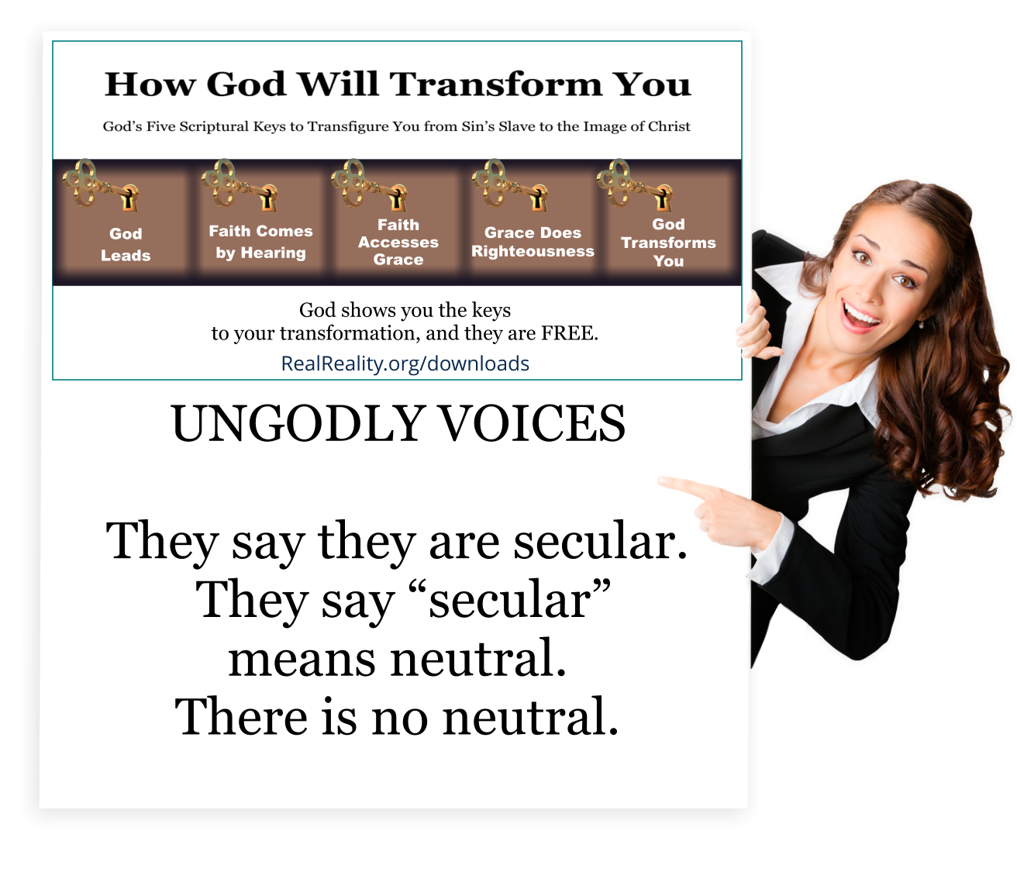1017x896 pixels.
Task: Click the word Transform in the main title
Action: pyautogui.click(x=495, y=84)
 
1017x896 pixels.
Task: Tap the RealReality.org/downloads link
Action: pyautogui.click(x=405, y=363)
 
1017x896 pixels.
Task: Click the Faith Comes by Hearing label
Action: pyautogui.click(x=260, y=242)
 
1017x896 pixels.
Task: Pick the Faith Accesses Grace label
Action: pyautogui.click(x=398, y=242)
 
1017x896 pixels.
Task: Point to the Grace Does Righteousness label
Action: pyautogui.click(x=533, y=242)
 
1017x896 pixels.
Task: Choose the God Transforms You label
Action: pyautogui.click(x=668, y=243)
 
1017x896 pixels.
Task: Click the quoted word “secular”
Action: pyautogui.click(x=510, y=599)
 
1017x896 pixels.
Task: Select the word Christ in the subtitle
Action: pyautogui.click(x=669, y=126)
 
